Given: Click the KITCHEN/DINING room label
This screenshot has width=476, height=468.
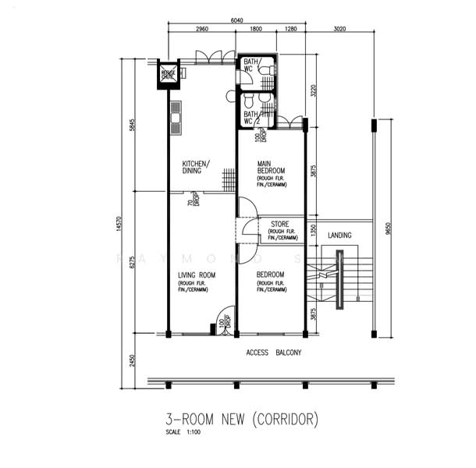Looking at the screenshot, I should click(194, 167).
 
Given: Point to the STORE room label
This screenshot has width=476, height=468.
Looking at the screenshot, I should click(279, 225).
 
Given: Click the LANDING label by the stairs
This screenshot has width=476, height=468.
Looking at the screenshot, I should click(339, 235).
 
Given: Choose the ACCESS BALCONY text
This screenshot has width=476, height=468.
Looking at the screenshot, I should click(274, 353).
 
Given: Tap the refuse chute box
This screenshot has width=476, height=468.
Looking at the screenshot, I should click(169, 74).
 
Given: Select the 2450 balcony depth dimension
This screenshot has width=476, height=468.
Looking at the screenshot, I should click(133, 360).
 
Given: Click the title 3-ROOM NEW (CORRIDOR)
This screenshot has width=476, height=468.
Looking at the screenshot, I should click(243, 419).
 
